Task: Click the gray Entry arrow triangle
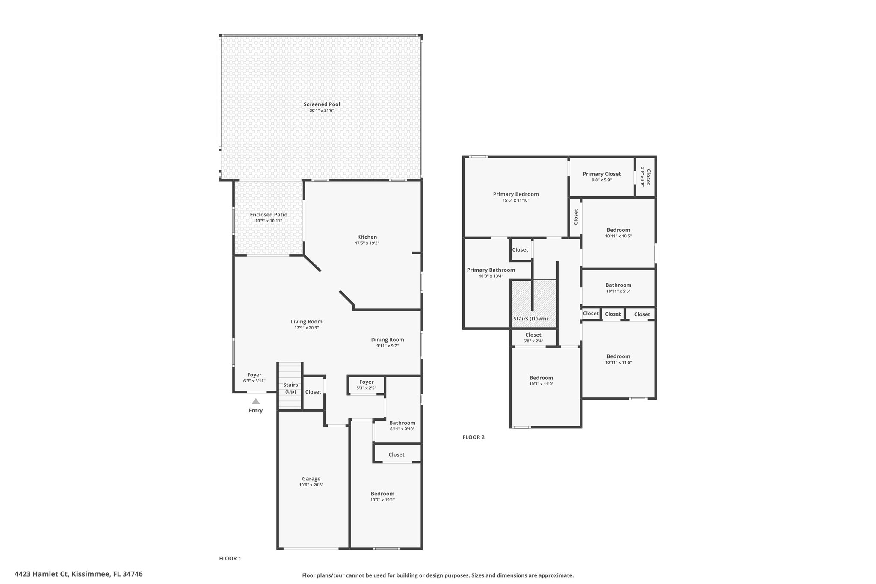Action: (256, 401)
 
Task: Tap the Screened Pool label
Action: (322, 104)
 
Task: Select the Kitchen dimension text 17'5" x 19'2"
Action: (367, 243)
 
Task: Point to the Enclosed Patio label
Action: (269, 215)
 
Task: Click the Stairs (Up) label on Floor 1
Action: (290, 388)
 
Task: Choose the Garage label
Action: (311, 479)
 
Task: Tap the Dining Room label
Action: (388, 340)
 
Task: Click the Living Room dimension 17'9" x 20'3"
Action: (307, 328)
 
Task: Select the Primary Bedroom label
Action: (516, 194)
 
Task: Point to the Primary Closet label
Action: (602, 174)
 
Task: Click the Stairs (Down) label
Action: (530, 319)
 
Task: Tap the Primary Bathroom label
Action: (491, 270)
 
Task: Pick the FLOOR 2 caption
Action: (474, 437)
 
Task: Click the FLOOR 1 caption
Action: (230, 558)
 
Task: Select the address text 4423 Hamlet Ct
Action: (41, 574)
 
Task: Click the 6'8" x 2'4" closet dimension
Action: (533, 341)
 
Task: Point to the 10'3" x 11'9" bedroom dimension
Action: (542, 384)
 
